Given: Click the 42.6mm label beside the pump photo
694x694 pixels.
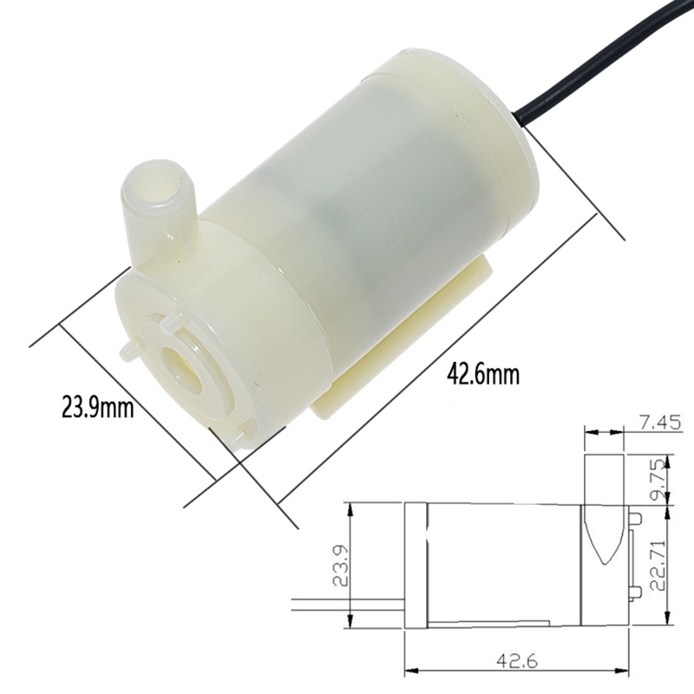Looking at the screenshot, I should [483, 376].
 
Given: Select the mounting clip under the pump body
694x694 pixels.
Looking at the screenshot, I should [408, 338].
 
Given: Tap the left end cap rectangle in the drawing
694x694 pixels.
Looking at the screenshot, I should [417, 566].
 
